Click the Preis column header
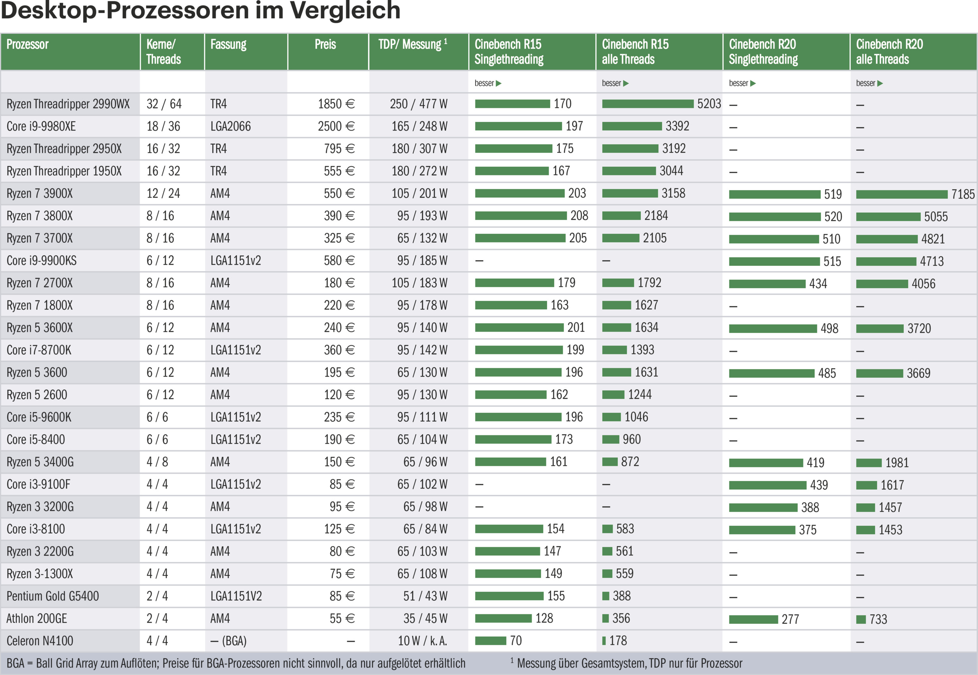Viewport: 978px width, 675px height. click(x=325, y=44)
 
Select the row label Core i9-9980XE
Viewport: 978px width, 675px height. click(x=41, y=127)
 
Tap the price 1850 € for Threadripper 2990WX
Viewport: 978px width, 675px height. click(x=336, y=104)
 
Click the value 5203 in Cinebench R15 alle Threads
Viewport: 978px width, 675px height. click(x=709, y=104)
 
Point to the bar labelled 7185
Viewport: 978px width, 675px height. click(x=901, y=194)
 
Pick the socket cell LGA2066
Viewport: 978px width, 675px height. click(x=231, y=127)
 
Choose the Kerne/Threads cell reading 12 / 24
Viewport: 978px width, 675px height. click(x=163, y=194)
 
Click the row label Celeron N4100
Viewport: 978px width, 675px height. click(x=40, y=641)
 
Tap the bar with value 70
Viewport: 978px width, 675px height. click(x=490, y=641)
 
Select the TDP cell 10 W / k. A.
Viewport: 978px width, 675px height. click(x=422, y=641)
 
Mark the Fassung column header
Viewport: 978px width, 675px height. click(x=228, y=44)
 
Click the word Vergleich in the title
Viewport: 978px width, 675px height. click(x=345, y=10)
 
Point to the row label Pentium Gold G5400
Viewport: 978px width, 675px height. click(x=52, y=596)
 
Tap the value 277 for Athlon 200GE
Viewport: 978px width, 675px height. click(x=790, y=619)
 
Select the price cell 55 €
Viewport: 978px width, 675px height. click(x=342, y=618)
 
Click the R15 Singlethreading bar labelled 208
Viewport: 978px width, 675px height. click(x=521, y=216)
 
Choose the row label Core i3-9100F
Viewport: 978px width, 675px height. click(x=38, y=484)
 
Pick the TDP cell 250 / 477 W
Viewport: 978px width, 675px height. click(x=418, y=104)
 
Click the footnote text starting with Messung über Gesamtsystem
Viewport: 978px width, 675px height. click(x=629, y=663)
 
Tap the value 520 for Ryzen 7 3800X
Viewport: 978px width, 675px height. click(x=833, y=217)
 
